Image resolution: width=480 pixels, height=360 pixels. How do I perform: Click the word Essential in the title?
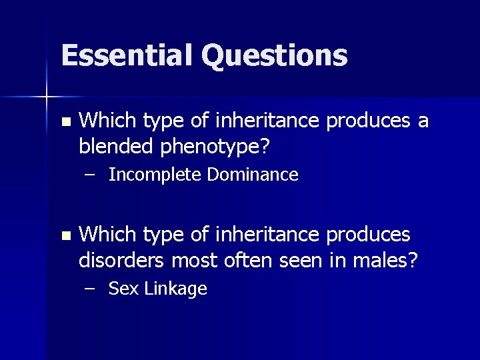127,55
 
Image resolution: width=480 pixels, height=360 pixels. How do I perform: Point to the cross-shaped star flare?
47,97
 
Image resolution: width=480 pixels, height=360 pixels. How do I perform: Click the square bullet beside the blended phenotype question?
64,122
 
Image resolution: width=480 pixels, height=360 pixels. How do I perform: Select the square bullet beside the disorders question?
64,236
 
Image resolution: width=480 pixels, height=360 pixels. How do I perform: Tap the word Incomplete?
155,175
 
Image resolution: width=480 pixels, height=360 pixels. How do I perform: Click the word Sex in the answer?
121,289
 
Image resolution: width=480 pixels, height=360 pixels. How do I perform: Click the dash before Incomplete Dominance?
90,175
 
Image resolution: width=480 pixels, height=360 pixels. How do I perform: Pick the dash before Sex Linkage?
90,289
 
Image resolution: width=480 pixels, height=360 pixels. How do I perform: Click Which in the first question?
107,121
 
